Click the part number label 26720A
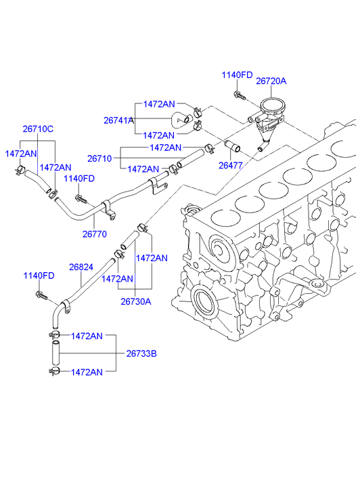(271, 81)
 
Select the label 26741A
(118, 120)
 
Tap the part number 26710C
(38, 129)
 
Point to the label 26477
(231, 165)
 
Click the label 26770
(95, 233)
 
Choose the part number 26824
(81, 267)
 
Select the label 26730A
(136, 302)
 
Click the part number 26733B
(141, 354)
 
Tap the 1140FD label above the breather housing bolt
(237, 75)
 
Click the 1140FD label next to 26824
(39, 275)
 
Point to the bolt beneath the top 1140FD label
(239, 95)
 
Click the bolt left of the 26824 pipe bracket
(42, 295)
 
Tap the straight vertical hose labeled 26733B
(55, 353)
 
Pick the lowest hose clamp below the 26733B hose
(55, 371)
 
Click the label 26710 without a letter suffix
(99, 158)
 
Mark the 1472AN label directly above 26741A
(159, 104)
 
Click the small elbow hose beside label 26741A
(182, 120)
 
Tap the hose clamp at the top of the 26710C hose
(20, 169)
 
